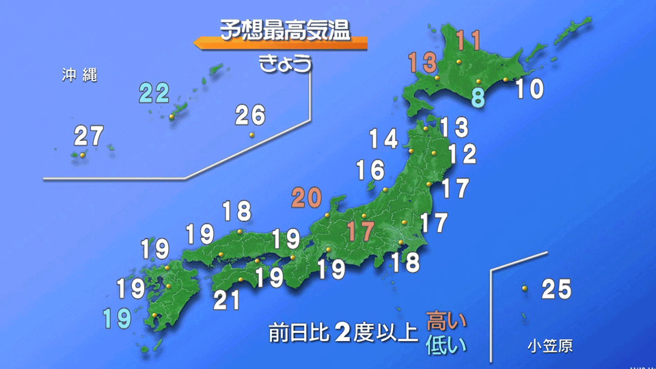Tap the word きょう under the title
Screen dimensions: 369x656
[x=286, y=64]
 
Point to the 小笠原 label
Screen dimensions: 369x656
[x=550, y=346]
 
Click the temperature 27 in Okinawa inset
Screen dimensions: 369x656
[x=89, y=137]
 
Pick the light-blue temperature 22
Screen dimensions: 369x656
[x=155, y=92]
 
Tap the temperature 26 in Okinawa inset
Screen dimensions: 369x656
[x=250, y=115]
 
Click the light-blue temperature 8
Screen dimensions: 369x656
[x=478, y=97]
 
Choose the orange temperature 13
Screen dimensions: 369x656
[x=422, y=63]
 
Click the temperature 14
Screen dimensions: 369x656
[x=383, y=139]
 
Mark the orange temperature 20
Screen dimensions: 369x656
[x=306, y=198]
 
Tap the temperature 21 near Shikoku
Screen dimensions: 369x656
[x=227, y=299]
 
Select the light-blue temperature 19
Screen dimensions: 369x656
[x=116, y=318]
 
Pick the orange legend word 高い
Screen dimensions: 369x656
[x=446, y=319]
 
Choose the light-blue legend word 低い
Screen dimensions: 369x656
[x=446, y=344]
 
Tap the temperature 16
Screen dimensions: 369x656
[x=370, y=169]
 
